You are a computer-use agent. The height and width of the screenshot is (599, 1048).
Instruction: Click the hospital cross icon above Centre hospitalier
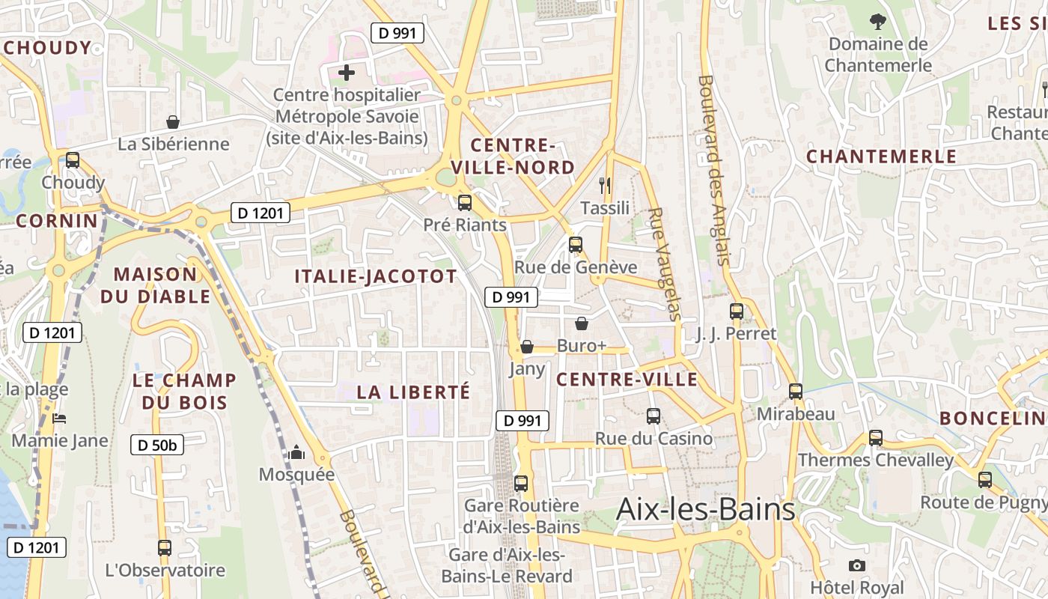[x=347, y=73]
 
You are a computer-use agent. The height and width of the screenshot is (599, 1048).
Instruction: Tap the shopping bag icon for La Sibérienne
[x=173, y=121]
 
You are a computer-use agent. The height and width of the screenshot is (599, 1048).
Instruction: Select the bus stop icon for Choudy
[x=73, y=159]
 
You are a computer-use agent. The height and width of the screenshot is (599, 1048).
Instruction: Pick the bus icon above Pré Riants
[x=465, y=202]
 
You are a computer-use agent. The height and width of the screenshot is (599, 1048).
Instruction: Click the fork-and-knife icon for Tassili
[x=605, y=185]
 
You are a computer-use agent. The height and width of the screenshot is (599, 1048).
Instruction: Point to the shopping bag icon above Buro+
[x=582, y=323]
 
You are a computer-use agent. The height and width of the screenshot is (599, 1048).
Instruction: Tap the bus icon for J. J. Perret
[x=737, y=311]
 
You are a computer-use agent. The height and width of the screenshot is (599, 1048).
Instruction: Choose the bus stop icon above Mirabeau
[x=796, y=391]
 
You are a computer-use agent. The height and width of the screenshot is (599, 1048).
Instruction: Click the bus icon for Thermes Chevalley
[x=876, y=437]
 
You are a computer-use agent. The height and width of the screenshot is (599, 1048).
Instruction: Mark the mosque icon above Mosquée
[x=297, y=452]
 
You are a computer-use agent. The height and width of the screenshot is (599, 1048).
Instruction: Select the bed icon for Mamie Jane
[x=60, y=418]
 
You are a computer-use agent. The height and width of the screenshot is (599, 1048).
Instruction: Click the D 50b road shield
[x=157, y=445]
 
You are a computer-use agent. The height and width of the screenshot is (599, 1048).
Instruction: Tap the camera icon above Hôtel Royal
[x=857, y=565]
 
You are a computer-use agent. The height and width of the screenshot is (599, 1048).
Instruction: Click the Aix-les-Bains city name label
[x=705, y=510]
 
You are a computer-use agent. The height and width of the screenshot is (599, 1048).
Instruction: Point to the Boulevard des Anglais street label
[x=713, y=170]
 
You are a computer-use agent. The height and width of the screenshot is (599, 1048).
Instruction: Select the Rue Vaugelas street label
[x=664, y=264]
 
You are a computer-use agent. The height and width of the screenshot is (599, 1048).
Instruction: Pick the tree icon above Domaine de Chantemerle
[x=877, y=22]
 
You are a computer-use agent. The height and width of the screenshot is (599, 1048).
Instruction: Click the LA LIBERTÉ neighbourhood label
[x=413, y=392]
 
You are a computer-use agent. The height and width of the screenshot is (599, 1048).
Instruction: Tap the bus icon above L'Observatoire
[x=165, y=547]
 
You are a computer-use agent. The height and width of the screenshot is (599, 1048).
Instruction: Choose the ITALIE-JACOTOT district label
[x=375, y=276]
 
